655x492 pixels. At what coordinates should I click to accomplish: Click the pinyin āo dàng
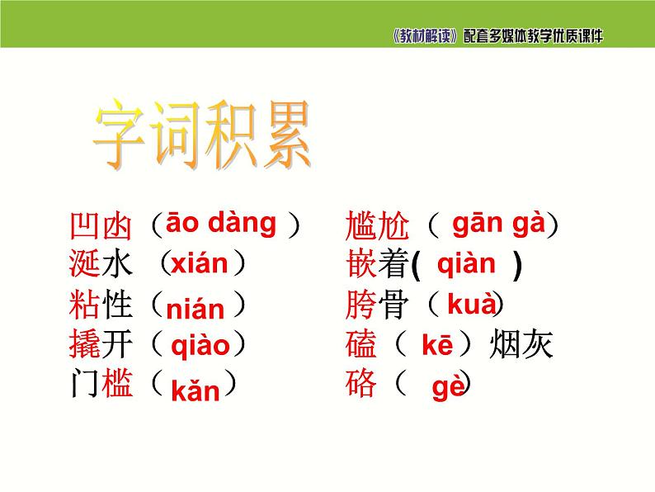pos(221,223)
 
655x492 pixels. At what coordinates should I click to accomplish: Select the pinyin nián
pos(195,310)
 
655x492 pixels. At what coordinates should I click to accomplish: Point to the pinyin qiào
pos(200,346)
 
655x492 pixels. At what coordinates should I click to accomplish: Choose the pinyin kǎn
pos(196,390)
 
